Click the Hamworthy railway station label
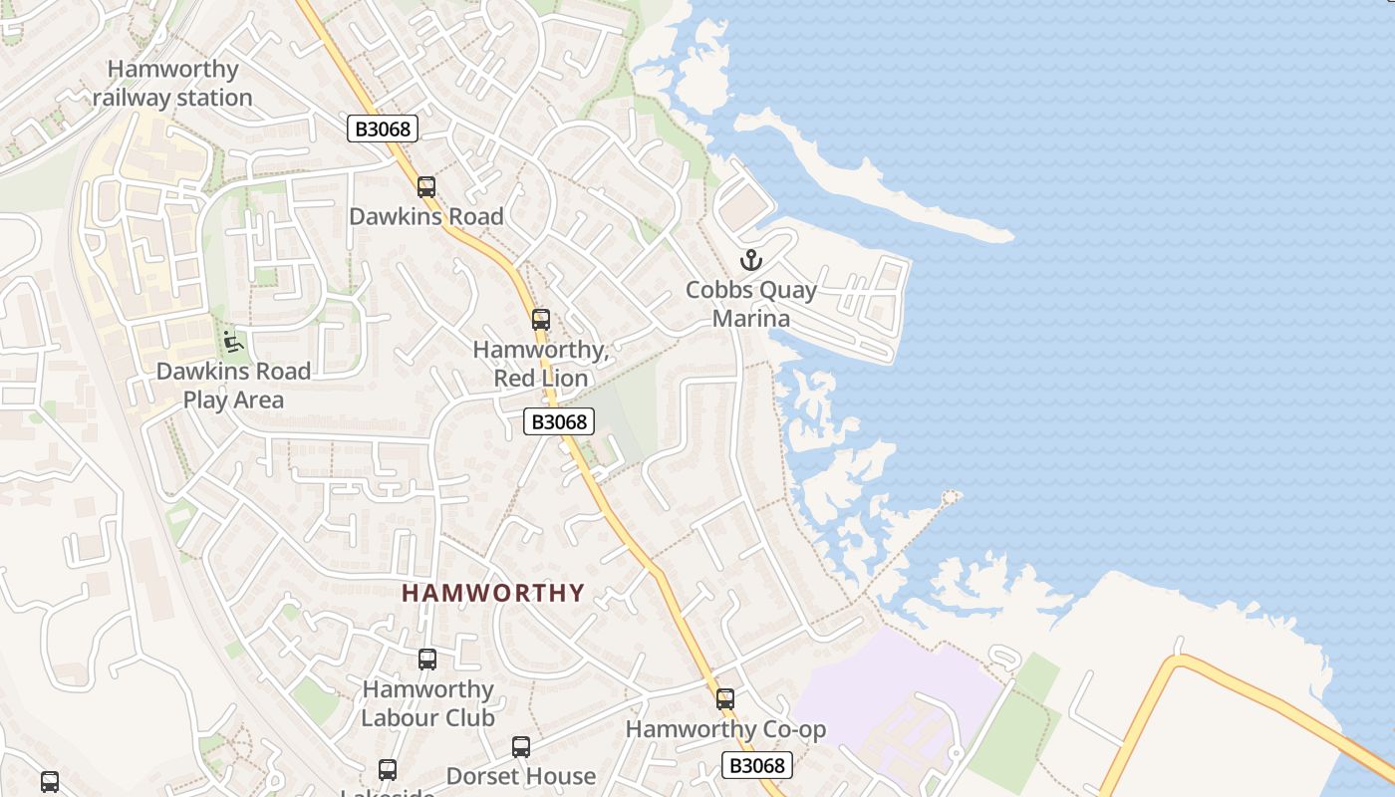(x=172, y=84)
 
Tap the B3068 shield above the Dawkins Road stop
(x=383, y=129)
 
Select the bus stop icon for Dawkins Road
(x=426, y=186)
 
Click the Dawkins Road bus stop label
(x=426, y=216)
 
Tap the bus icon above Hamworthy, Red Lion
(x=540, y=320)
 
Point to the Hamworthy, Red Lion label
(x=541, y=365)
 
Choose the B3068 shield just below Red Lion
(x=559, y=421)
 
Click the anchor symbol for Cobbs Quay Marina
(x=750, y=261)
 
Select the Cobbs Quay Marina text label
(x=751, y=305)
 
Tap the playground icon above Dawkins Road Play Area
(x=232, y=341)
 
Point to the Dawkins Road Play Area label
(x=233, y=386)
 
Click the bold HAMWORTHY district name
(x=493, y=593)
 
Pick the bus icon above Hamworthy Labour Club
(x=426, y=659)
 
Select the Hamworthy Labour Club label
(x=427, y=703)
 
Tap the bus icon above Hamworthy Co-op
(x=724, y=699)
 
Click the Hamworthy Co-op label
(x=725, y=729)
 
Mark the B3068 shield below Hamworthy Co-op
(x=757, y=765)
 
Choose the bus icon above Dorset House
(x=520, y=747)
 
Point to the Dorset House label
(x=521, y=776)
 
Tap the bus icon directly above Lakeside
(x=387, y=769)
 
